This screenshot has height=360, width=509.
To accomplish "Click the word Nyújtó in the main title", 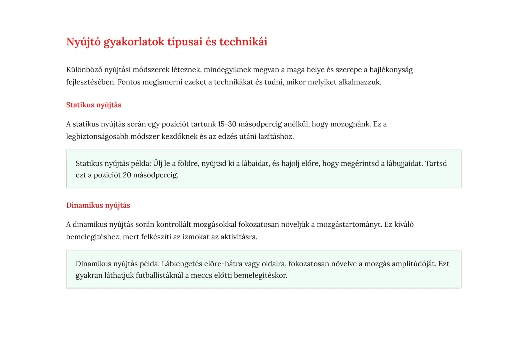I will [83, 42].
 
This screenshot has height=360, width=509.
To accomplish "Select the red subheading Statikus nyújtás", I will [94, 105].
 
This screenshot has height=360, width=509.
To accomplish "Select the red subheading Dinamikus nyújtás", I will [98, 205].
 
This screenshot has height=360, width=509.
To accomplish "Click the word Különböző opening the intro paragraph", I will [84, 70].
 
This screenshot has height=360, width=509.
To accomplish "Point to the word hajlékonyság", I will [391, 70].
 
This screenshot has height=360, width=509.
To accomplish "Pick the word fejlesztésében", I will [91, 82].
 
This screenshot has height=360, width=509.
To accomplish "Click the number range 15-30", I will [227, 124].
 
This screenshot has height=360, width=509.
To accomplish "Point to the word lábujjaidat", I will [404, 163].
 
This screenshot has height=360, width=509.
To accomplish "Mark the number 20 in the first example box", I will [127, 175].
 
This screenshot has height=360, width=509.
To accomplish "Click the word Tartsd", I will [436, 163].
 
